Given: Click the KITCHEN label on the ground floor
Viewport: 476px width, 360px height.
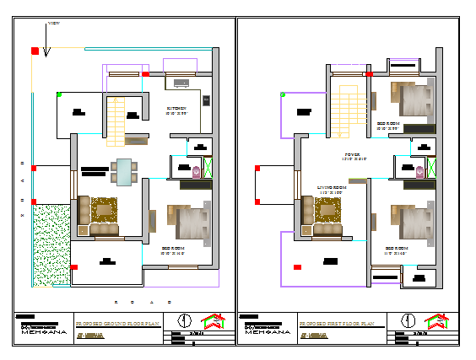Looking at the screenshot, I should tap(176, 109).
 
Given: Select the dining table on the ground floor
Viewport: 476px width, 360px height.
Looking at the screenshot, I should tap(125, 171).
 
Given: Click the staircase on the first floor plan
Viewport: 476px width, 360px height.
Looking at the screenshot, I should tap(346, 108).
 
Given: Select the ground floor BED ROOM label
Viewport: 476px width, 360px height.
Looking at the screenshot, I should tap(173, 249).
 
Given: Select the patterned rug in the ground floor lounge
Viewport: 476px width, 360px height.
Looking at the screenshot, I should tap(105, 209).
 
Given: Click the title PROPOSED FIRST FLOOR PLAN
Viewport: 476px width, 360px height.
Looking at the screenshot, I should tap(340, 322).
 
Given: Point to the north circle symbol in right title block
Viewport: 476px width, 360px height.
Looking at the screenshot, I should tap(408, 321).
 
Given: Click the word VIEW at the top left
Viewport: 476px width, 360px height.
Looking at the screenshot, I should tap(53, 24).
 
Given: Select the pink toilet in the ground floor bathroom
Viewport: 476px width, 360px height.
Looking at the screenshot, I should tap(197, 171).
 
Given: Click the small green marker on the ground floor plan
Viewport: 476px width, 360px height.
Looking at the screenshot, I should tap(58, 94).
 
